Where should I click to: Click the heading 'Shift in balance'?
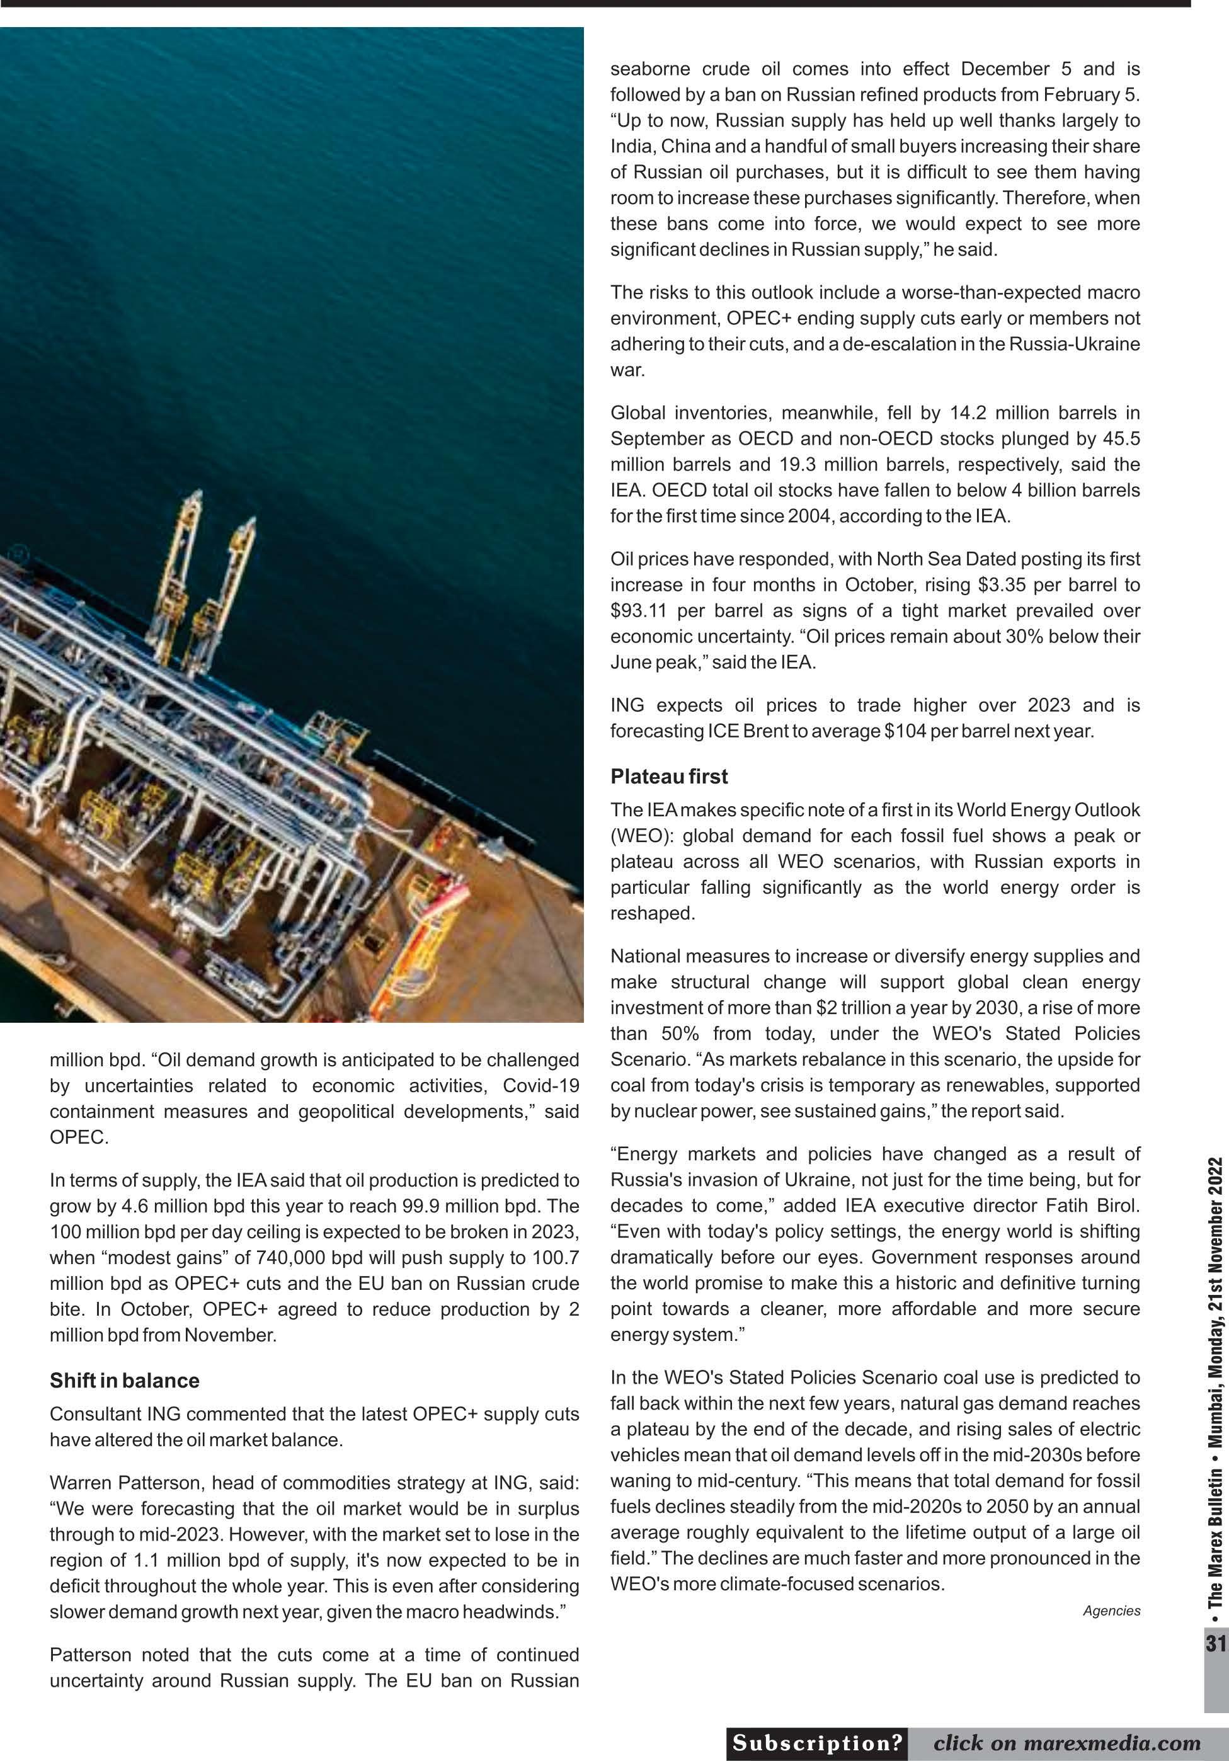[x=124, y=1381]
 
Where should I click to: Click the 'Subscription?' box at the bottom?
[x=817, y=1743]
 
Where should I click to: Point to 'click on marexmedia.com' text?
[x=1066, y=1743]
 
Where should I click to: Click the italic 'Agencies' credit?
[x=1112, y=1610]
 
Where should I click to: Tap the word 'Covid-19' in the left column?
[x=541, y=1085]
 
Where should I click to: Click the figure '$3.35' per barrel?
[x=1002, y=584]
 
